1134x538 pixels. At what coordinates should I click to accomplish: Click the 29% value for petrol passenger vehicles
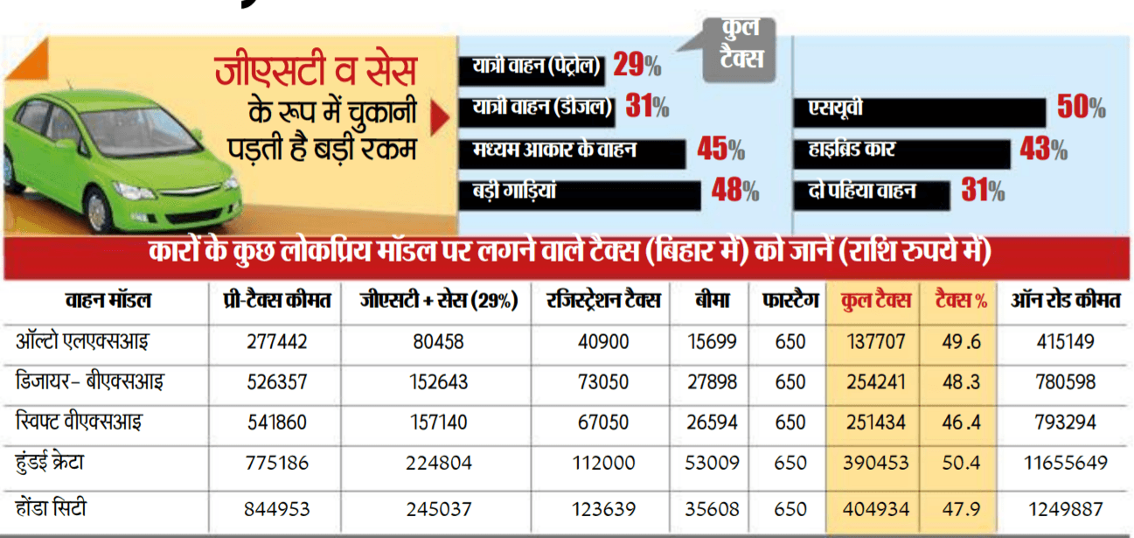coord(637,65)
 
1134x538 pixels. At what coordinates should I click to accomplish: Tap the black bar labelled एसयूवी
coord(919,112)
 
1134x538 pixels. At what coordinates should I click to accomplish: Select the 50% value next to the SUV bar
coord(1082,107)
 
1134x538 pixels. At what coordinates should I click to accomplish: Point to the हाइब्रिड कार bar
coord(901,153)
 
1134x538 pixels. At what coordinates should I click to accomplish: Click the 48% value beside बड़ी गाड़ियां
coord(735,191)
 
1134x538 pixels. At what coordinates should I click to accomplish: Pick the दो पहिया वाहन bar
coord(872,195)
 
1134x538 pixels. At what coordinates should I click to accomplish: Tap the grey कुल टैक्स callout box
coord(740,50)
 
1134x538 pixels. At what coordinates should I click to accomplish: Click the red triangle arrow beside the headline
coord(440,117)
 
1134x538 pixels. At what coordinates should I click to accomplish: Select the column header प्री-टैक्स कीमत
coord(277,301)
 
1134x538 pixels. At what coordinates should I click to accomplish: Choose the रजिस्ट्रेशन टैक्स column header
coord(603,301)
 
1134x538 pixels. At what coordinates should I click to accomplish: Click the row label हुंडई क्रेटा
coord(50,463)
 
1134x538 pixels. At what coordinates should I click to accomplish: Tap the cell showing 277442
coord(277,342)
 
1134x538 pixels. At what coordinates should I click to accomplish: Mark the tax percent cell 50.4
coord(961,463)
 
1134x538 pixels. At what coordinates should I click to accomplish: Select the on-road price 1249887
coord(1066,509)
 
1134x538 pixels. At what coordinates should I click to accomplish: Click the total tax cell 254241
coord(876,382)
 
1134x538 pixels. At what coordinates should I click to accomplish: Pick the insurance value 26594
coord(712,423)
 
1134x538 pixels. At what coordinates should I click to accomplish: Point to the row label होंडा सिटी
coord(51,508)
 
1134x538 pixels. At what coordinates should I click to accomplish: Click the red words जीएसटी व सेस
coord(316,71)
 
